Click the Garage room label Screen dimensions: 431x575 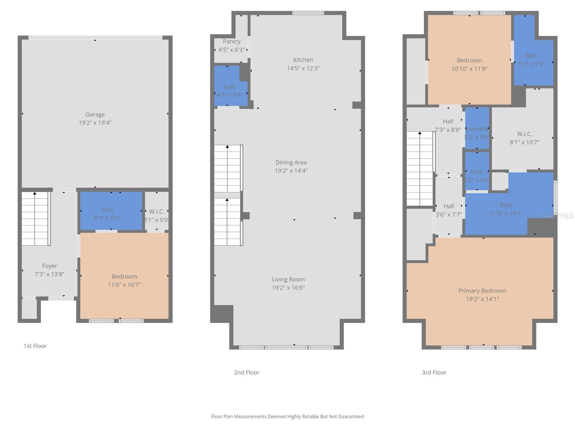(95, 115)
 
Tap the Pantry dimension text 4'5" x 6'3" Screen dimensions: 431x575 (231, 50)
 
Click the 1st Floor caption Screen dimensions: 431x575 (35, 346)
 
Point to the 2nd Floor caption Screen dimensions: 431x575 (247, 372)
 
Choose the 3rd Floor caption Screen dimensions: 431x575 (434, 372)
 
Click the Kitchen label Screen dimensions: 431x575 (303, 60)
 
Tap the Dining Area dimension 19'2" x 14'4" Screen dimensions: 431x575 (291, 171)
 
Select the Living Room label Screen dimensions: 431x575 (288, 279)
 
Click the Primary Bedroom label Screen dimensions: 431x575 (482, 291)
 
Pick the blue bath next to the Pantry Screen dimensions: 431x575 (229, 87)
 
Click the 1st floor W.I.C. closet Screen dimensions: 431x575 (157, 212)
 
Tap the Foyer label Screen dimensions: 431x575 (50, 266)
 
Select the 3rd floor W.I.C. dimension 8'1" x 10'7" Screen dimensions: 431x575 (524, 142)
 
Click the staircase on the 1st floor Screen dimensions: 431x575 (35, 218)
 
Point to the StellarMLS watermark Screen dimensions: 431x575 (557, 216)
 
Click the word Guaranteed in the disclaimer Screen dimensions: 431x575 (350, 417)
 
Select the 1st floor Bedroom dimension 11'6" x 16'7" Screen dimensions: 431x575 (124, 285)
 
